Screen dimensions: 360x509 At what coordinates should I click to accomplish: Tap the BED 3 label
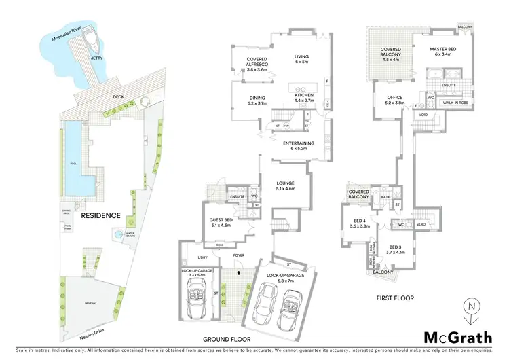(x=396, y=249)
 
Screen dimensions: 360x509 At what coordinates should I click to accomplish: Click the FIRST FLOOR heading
(x=394, y=298)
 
